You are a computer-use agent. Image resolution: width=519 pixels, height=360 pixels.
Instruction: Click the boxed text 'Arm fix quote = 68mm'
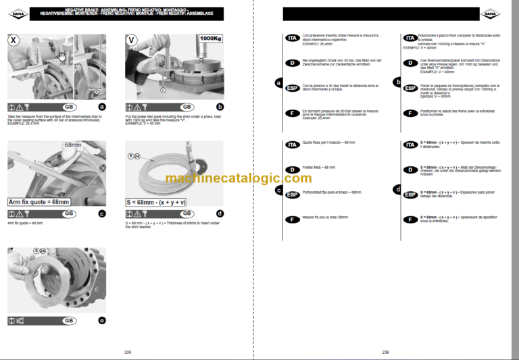pos(39,201)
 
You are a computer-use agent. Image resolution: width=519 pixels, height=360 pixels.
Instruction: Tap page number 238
pos(128,352)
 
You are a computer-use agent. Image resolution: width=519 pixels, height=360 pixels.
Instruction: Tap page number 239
pos(385,352)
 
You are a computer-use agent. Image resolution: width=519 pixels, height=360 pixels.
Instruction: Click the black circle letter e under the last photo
pos(102,320)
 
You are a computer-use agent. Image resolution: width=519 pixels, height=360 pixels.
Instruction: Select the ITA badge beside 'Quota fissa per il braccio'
pos(292,145)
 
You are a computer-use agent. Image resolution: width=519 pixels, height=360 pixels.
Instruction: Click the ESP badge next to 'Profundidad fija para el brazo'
pos(292,195)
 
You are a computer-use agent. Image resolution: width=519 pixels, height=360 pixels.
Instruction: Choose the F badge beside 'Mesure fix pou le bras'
pos(292,220)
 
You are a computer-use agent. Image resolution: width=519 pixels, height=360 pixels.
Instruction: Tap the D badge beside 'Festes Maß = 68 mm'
pos(292,169)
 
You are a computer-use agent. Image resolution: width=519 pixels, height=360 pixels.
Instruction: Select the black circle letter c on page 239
pos(278,190)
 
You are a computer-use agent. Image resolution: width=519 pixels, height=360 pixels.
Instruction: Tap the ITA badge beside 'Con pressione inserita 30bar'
pos(292,38)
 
